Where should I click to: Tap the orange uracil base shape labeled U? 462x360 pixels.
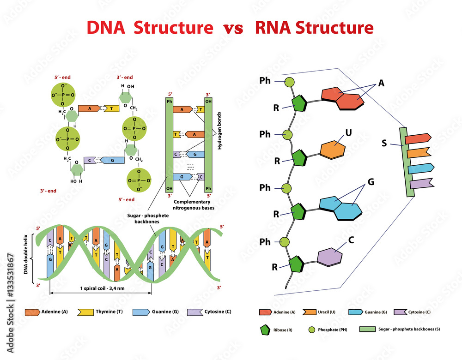333,149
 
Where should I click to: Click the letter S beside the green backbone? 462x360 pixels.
384,143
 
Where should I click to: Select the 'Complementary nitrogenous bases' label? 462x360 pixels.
192,205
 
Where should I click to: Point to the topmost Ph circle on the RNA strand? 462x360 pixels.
290,82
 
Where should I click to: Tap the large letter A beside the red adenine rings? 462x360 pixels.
381,83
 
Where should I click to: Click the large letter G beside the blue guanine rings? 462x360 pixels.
371,182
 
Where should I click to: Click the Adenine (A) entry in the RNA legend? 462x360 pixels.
276,312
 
